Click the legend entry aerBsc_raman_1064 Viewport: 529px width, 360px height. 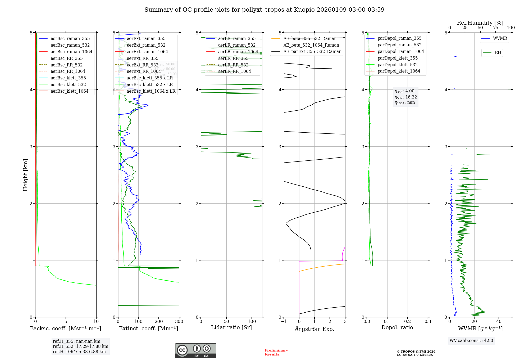tap(71, 52)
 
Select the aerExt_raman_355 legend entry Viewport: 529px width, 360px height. tap(146, 38)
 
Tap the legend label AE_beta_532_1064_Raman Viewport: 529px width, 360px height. tap(311, 45)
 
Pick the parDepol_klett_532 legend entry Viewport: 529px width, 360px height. tap(398, 65)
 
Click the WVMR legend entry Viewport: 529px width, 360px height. tap(500, 38)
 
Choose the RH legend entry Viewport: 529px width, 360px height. tap(498, 53)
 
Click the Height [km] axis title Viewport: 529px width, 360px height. tap(25, 175)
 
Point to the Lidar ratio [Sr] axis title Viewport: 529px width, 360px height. tap(231, 327)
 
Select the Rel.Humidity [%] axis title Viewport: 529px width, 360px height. tap(480, 23)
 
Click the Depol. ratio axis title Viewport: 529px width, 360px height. tap(397, 327)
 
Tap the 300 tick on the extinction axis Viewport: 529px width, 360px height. tap(179, 322)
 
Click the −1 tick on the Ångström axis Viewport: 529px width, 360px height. tap(284, 322)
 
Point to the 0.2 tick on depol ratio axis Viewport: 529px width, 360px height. tap(408, 322)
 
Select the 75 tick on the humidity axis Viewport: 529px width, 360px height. tap(496, 28)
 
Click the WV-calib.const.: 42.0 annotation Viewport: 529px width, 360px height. tap(471, 340)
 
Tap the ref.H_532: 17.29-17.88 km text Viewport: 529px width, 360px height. tap(80, 346)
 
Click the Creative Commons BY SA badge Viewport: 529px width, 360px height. tap(195, 350)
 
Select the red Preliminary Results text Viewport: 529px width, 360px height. tap(276, 352)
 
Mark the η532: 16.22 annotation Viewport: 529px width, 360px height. tap(405, 97)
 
